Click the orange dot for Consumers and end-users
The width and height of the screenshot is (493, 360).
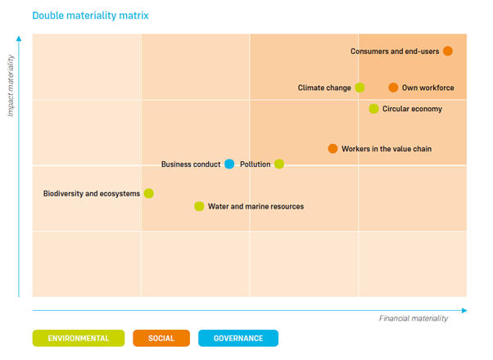[x=448, y=51]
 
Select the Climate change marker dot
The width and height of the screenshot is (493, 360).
[x=360, y=88]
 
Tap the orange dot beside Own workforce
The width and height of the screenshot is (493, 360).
[x=393, y=88]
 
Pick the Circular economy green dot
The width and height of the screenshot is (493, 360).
[x=373, y=109]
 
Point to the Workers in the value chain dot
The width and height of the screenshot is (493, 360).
[x=332, y=148]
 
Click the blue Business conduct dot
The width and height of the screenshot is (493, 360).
[x=229, y=164]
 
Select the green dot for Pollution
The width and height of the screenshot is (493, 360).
[x=279, y=164]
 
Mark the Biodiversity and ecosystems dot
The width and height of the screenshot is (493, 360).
[x=148, y=193]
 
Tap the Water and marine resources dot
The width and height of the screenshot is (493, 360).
[x=199, y=206]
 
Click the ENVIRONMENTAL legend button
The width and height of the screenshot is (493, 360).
[x=78, y=338]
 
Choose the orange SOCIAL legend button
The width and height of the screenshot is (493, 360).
[x=161, y=338]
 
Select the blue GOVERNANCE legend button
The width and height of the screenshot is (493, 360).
[x=237, y=338]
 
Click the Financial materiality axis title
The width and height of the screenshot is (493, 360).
[x=414, y=318]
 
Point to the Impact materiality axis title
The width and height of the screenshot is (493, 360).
[x=11, y=85]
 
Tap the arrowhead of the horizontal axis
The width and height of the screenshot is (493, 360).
[x=464, y=310]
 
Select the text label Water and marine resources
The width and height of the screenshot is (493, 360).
[x=256, y=206]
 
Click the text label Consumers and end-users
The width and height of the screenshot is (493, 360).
[x=395, y=51]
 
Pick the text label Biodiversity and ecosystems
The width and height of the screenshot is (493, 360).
[x=92, y=193]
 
